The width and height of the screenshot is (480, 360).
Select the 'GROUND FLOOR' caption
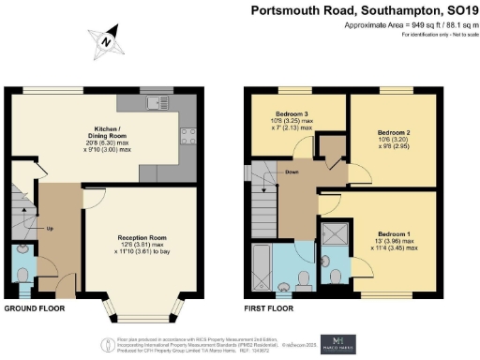coord(36,307)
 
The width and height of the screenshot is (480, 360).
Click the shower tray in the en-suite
coord(334,236)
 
